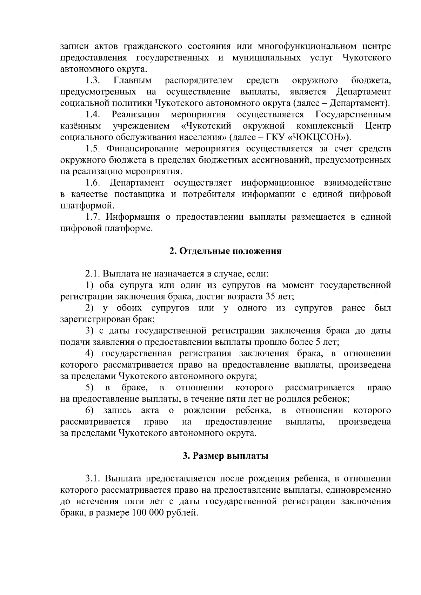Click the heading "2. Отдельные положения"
tap(225, 251)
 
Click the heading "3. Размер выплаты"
tap(225, 456)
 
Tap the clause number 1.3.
tap(93, 81)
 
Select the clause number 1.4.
tap(93, 115)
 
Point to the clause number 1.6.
tap(93, 183)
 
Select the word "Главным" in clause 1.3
tap(133, 81)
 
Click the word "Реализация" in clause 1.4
tap(135, 115)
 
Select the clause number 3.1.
tap(93, 479)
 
